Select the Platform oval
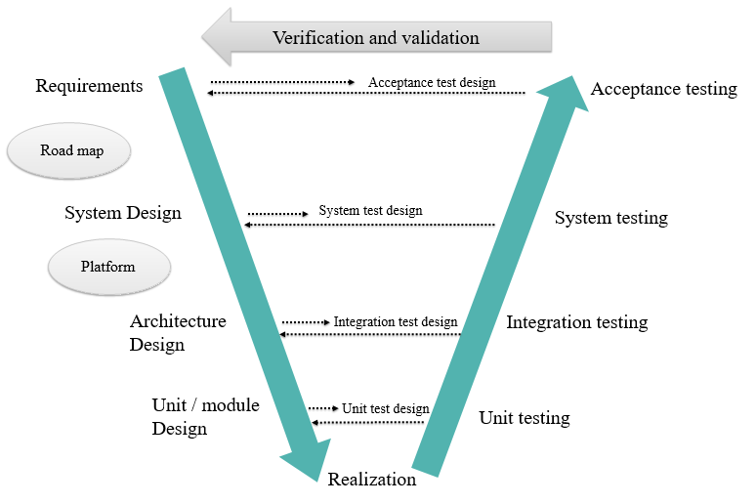click(108, 266)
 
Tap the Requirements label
click(89, 86)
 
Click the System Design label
click(123, 213)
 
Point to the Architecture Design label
click(177, 332)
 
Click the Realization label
click(372, 480)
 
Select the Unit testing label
click(525, 418)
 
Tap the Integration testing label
click(576, 322)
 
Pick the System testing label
click(611, 218)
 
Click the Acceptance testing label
click(664, 89)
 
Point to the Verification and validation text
click(376, 38)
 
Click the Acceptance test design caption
click(432, 83)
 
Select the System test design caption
click(370, 210)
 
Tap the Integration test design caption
click(396, 321)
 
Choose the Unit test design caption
click(386, 408)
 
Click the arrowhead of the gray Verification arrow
click(216, 38)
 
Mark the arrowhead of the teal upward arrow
click(567, 94)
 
